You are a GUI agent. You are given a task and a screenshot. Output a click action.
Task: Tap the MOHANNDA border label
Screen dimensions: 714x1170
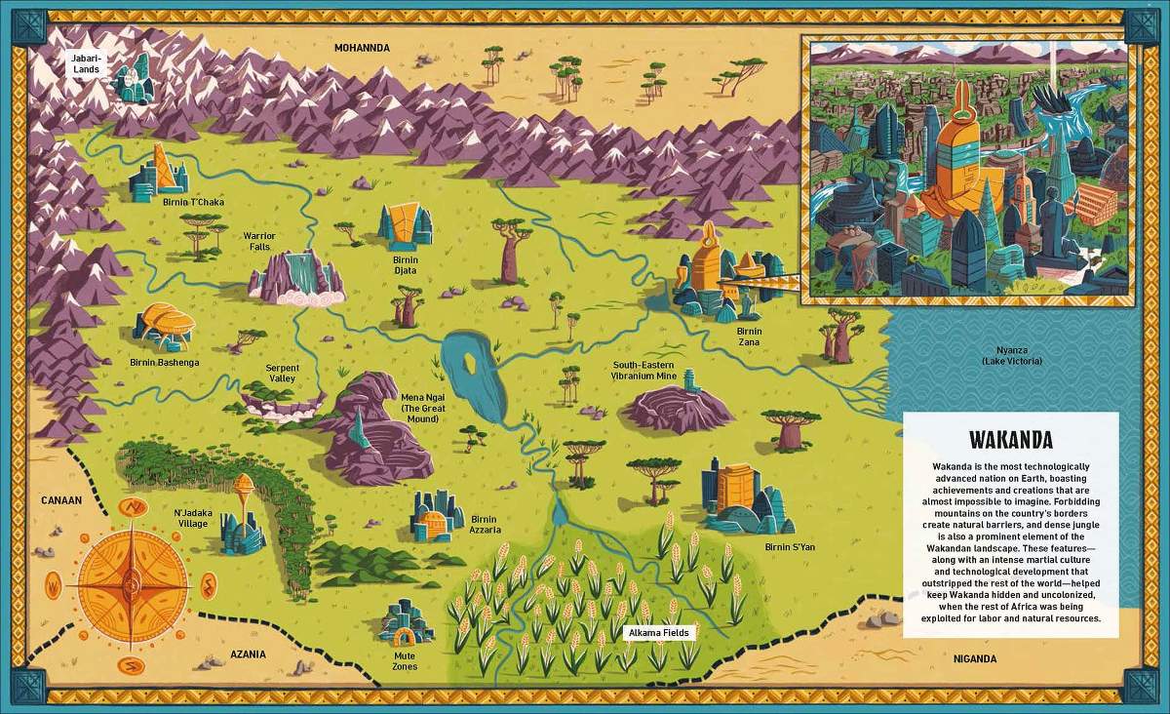[362, 48]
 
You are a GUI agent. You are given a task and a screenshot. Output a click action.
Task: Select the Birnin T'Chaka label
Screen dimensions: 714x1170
[194, 202]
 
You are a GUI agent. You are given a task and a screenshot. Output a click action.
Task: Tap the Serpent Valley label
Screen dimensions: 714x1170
[282, 374]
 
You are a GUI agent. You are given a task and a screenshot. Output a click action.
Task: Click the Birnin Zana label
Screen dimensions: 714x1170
[749, 337]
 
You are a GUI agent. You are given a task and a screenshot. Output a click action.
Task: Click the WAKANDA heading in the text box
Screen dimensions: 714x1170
[1011, 440]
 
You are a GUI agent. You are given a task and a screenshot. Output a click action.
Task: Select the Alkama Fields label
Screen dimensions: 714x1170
[659, 633]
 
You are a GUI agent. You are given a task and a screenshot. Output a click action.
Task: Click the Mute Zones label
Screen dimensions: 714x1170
[405, 660]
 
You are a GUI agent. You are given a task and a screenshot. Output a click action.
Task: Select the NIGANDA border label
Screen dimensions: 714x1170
[975, 658]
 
